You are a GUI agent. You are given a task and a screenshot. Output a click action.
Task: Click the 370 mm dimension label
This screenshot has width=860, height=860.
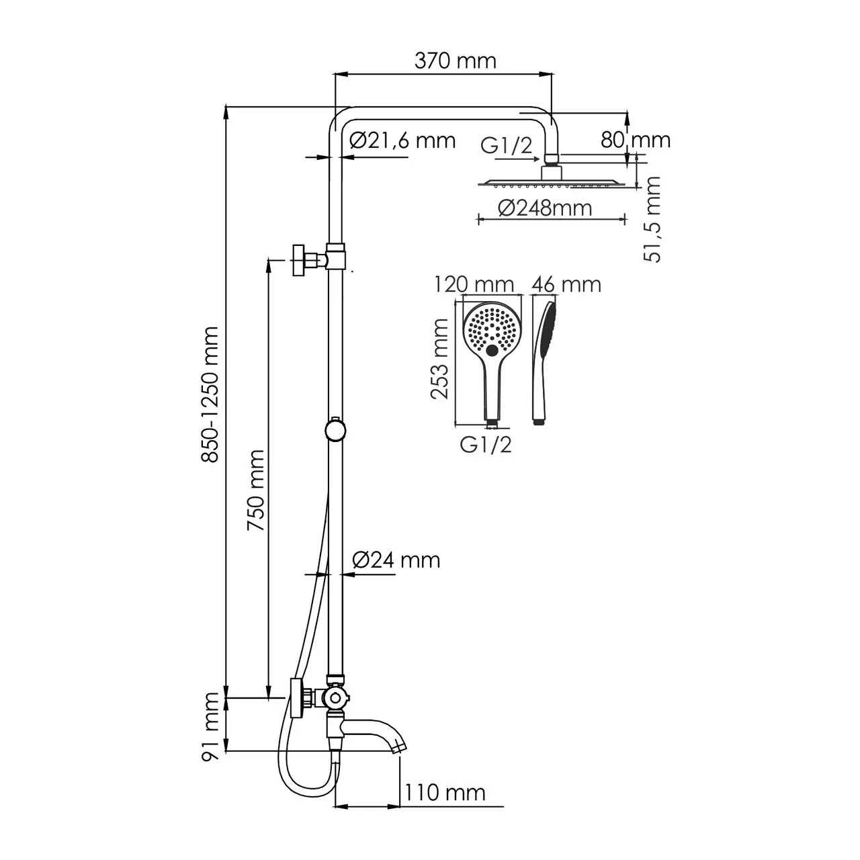(x=455, y=61)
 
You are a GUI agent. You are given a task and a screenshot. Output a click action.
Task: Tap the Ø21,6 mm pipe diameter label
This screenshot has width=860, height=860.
(x=402, y=140)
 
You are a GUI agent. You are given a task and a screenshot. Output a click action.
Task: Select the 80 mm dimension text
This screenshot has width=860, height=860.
(x=635, y=140)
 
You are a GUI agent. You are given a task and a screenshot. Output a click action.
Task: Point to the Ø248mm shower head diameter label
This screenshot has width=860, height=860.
(x=545, y=208)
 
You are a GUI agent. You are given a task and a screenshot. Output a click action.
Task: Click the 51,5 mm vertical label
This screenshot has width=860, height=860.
(x=652, y=219)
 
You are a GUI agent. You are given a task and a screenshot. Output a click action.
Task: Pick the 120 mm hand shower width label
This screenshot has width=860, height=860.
(x=474, y=284)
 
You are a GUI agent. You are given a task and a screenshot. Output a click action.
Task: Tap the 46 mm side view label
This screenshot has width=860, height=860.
(x=566, y=284)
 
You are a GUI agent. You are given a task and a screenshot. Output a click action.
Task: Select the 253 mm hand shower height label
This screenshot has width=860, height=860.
(x=440, y=359)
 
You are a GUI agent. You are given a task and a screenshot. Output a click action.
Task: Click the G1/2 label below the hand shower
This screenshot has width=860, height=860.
(x=486, y=444)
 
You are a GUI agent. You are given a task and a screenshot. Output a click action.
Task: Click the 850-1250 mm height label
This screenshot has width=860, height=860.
(x=211, y=394)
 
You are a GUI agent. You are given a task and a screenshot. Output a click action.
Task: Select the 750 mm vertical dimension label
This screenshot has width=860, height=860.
(x=255, y=491)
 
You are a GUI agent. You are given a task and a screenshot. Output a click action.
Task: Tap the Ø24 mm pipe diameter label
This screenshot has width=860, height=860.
(x=396, y=559)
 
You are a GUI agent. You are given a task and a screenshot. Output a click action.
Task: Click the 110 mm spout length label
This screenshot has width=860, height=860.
(x=445, y=792)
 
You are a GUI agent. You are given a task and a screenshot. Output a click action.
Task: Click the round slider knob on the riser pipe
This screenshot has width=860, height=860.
(x=334, y=429)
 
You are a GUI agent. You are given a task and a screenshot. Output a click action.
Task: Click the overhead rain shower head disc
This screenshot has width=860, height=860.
(x=551, y=182)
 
